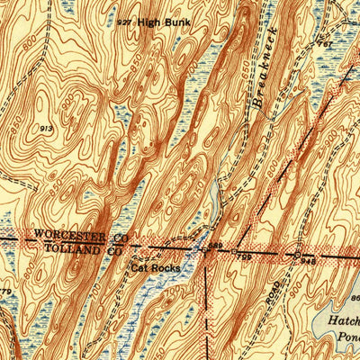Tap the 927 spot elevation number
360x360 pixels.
[125, 21]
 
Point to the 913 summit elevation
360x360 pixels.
[44, 130]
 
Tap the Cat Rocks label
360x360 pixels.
[155, 267]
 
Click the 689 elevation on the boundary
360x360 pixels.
[215, 246]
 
